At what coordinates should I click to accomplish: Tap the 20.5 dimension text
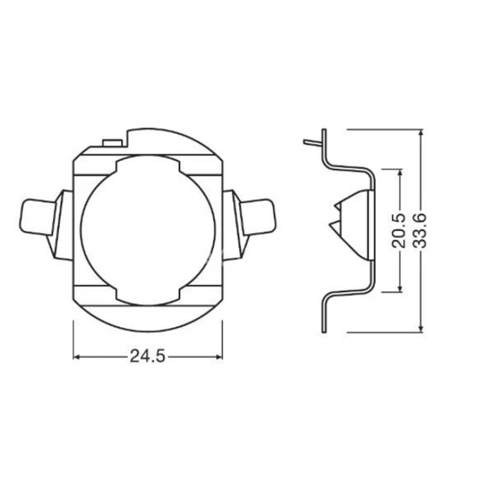click(399, 230)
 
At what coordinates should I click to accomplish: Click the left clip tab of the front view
click(37, 217)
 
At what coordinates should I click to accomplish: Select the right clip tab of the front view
click(258, 217)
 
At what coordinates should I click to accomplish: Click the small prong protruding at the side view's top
click(312, 143)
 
